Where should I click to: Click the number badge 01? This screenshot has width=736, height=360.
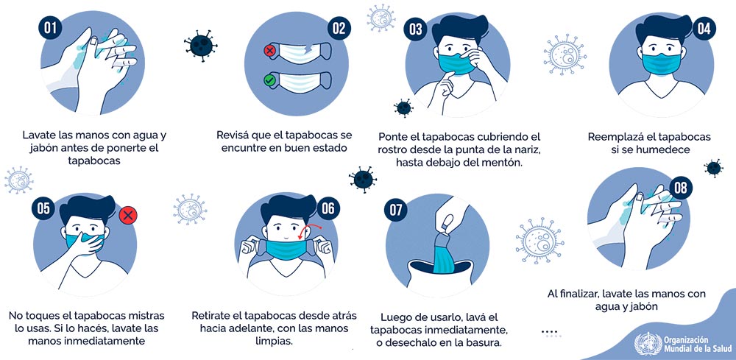pyautogui.click(x=50, y=28)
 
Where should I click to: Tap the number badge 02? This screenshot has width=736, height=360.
pyautogui.click(x=339, y=28)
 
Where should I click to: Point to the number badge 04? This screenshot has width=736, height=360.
pyautogui.click(x=704, y=29)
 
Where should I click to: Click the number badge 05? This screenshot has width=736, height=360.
pyautogui.click(x=43, y=208)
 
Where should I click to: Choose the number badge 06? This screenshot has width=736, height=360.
pyautogui.click(x=328, y=208)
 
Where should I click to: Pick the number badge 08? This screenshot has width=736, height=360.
pyautogui.click(x=681, y=188)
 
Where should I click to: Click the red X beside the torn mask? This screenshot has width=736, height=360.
pyautogui.click(x=269, y=51)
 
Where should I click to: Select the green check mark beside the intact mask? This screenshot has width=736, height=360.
pyautogui.click(x=269, y=80)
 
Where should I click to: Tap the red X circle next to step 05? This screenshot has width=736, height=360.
pyautogui.click(x=127, y=216)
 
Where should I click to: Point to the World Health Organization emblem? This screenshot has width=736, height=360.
pyautogui.click(x=648, y=344)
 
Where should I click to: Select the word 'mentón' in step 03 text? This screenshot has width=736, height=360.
pyautogui.click(x=505, y=163)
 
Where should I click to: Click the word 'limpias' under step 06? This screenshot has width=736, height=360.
pyautogui.click(x=275, y=341)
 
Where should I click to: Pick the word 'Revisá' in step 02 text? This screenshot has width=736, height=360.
pyautogui.click(x=233, y=135)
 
